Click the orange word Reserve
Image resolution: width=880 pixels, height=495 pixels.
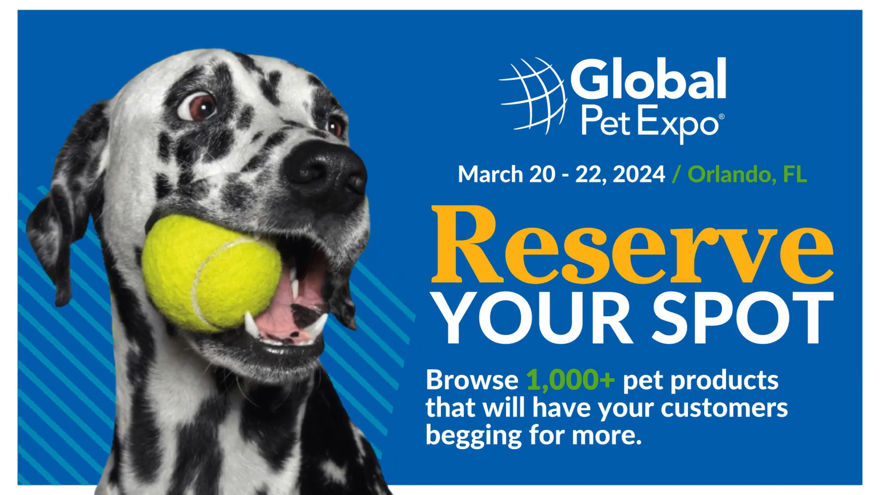click(632, 245)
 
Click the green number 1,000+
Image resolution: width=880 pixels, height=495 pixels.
click(570, 380)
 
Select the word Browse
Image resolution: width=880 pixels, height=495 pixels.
click(472, 380)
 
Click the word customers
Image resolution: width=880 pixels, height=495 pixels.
click(724, 408)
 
